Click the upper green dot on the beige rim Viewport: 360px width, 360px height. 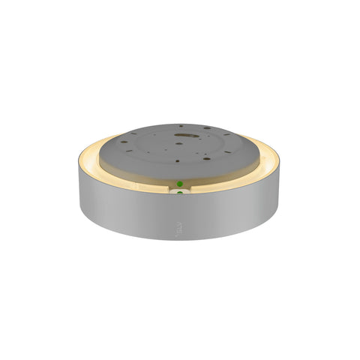coord(180,183)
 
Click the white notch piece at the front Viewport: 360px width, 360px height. coord(178,193)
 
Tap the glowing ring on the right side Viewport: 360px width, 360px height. coord(276,161)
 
